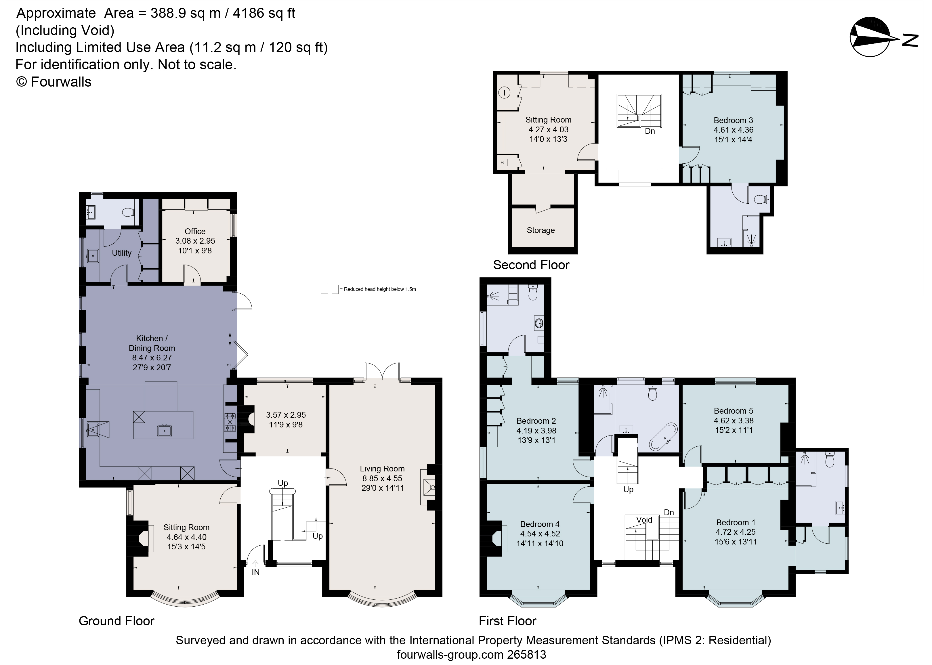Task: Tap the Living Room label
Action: (382, 469)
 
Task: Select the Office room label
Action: (195, 231)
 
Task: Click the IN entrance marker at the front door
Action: (255, 572)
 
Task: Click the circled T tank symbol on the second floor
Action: (504, 93)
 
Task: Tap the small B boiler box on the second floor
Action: (502, 163)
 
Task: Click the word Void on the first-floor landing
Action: (644, 520)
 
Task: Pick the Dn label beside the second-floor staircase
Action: (650, 131)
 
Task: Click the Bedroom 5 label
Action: (734, 411)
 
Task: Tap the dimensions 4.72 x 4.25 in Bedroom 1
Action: (736, 532)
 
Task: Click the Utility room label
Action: (122, 253)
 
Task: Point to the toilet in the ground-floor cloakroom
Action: (129, 212)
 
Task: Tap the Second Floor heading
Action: (531, 265)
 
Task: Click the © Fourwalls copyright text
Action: (54, 82)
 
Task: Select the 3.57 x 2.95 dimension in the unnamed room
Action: (286, 415)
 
